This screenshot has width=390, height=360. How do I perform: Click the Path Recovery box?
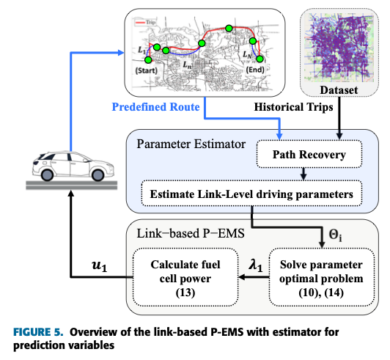pyautogui.click(x=309, y=154)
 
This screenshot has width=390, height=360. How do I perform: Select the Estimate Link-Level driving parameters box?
pyautogui.click(x=251, y=194)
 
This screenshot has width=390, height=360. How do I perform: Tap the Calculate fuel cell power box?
pyautogui.click(x=185, y=277)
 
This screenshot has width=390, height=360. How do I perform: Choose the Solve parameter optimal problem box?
pyautogui.click(x=322, y=277)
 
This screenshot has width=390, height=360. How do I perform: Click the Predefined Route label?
pyautogui.click(x=155, y=107)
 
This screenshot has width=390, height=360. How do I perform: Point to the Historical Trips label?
pyautogui.click(x=293, y=107)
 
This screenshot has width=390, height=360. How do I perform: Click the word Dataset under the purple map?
pyautogui.click(x=339, y=90)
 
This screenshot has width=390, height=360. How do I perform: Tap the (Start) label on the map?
pyautogui.click(x=147, y=70)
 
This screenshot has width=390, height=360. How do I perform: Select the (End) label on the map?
pyautogui.click(x=255, y=70)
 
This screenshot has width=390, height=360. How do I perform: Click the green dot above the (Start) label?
pyautogui.click(x=148, y=60)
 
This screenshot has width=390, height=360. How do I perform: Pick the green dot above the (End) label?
pyautogui.click(x=260, y=59)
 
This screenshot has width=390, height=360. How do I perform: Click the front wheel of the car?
pyautogui.click(x=98, y=175)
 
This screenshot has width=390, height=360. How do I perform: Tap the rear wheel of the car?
pyautogui.click(x=47, y=175)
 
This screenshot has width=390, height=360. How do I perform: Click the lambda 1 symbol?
pyautogui.click(x=256, y=265)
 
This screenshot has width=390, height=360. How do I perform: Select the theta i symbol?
pyautogui.click(x=335, y=235)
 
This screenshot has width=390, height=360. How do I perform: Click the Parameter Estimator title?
pyautogui.click(x=191, y=144)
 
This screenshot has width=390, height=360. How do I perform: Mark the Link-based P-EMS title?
pyautogui.click(x=191, y=233)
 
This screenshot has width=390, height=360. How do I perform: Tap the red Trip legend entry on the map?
pyautogui.click(x=145, y=23)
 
